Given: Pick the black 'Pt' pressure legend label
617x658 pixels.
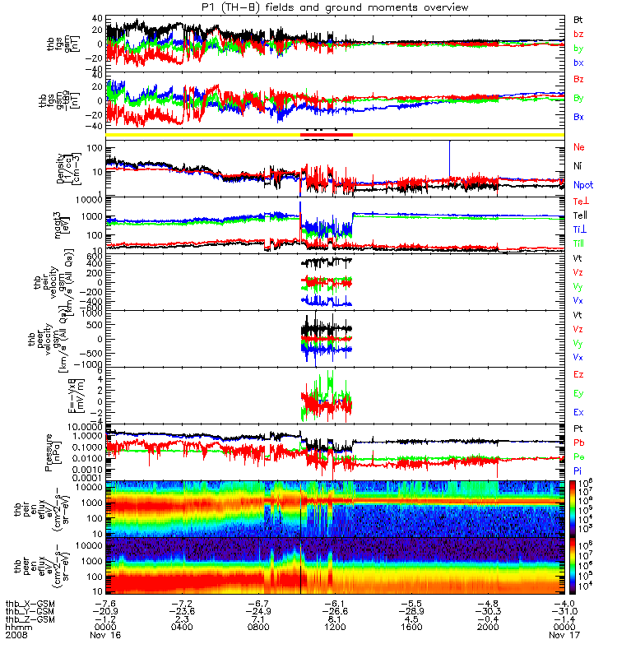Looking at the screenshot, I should (578, 429).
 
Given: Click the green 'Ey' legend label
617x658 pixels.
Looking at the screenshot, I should (578, 392).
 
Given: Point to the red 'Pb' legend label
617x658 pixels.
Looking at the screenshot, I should (578, 442).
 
